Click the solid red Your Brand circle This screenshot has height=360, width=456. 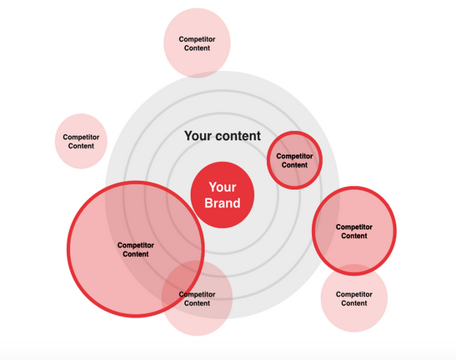(223, 195)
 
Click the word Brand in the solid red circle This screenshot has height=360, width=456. (223, 203)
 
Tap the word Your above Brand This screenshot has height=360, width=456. (223, 187)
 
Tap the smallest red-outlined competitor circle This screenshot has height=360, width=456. (294, 160)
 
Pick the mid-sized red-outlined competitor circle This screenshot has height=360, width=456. (354, 231)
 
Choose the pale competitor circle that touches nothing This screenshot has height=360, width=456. (81, 141)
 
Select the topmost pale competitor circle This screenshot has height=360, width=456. (197, 43)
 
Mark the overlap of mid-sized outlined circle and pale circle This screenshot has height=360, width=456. (354, 270)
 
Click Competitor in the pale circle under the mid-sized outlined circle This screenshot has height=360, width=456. (354, 294)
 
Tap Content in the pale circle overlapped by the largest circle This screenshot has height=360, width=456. (197, 303)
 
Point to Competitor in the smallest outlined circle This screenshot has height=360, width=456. (294, 156)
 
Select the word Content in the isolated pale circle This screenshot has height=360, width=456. (81, 146)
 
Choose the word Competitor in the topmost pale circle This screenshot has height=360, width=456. (197, 39)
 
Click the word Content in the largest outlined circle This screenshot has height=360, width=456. (136, 254)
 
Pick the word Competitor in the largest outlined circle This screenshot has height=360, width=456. (136, 246)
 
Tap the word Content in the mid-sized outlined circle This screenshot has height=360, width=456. (354, 236)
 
